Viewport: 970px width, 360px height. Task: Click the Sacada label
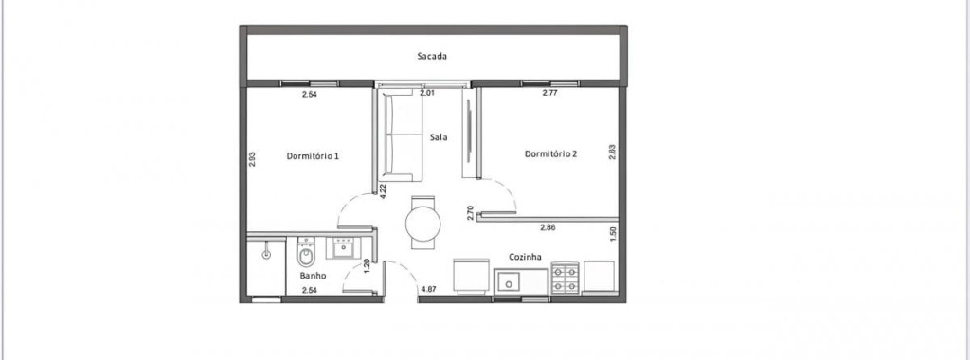tap(432, 56)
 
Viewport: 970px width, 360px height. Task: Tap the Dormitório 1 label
tap(313, 156)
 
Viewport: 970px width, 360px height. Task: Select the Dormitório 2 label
tap(550, 154)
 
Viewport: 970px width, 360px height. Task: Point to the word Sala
tap(439, 137)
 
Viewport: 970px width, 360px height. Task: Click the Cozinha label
tap(525, 257)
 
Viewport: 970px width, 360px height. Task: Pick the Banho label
tap(313, 276)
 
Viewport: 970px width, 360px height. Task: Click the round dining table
tap(423, 224)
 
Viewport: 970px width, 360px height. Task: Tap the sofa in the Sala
tap(402, 135)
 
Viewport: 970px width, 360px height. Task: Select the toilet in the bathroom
tap(306, 253)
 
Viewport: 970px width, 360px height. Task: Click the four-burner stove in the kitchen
tap(565, 278)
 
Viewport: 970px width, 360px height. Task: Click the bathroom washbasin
tap(343, 248)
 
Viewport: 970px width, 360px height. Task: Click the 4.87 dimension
tap(429, 289)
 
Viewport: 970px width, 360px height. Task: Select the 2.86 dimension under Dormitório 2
tap(548, 227)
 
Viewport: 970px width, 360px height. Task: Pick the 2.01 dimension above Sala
tap(427, 94)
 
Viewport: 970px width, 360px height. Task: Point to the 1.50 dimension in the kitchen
tap(613, 235)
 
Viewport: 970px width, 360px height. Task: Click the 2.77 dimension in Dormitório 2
tap(550, 94)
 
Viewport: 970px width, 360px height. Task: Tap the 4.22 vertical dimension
tap(384, 191)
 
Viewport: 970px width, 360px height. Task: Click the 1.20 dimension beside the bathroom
tap(367, 266)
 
